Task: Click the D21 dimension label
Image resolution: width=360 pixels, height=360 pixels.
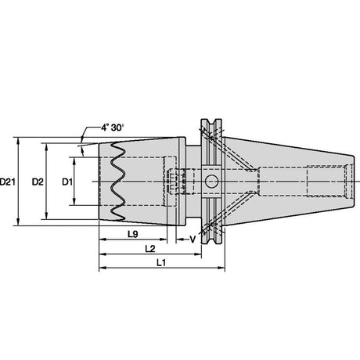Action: (x=7, y=182)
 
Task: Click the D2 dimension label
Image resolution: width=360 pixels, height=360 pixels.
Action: (x=38, y=182)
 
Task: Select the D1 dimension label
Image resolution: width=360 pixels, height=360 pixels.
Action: (x=67, y=182)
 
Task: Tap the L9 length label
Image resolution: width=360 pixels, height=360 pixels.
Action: (x=133, y=234)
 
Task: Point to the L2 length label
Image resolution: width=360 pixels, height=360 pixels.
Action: (x=150, y=249)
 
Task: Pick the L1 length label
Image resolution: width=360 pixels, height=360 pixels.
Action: (x=161, y=263)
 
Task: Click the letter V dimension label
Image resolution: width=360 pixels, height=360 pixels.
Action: (x=193, y=239)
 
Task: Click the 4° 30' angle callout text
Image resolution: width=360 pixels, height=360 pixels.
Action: (x=113, y=128)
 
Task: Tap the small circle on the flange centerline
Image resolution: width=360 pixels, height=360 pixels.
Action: (x=211, y=182)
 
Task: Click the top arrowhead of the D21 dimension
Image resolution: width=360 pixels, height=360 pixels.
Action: (x=18, y=141)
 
